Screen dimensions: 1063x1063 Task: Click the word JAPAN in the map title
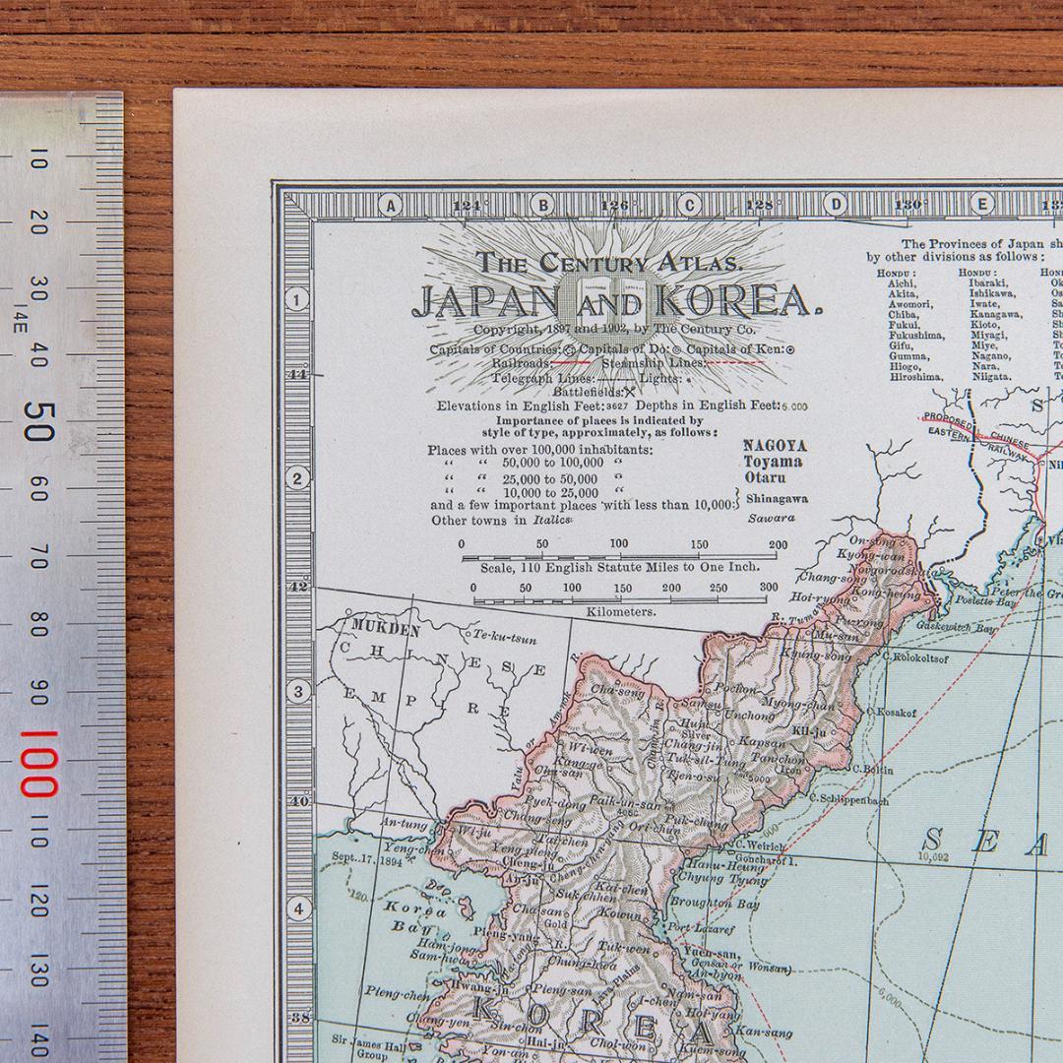tap(484, 301)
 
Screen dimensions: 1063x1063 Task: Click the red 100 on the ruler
tap(36, 764)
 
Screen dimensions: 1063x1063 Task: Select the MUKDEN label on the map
tap(385, 630)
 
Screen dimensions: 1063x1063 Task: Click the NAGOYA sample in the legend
tap(774, 445)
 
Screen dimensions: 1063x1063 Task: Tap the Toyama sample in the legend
tap(772, 462)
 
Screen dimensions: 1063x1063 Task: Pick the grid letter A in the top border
tap(391, 206)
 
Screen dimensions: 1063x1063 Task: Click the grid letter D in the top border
tap(835, 206)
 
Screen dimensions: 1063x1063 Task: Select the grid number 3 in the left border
tap(297, 692)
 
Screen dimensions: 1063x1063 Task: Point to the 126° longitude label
tap(614, 207)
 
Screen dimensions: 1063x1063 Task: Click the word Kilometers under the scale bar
tap(620, 611)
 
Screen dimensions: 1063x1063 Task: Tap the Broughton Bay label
tap(715, 903)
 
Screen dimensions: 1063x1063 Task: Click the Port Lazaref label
tap(700, 927)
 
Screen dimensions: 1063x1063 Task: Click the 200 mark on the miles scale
tap(778, 544)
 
